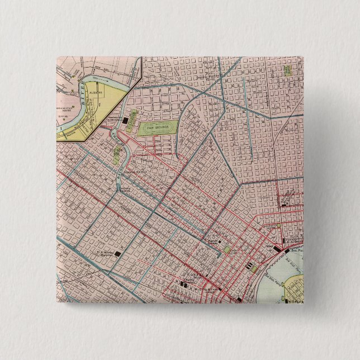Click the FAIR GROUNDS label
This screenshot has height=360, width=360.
click(158, 128)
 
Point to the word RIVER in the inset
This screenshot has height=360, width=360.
click(83, 90)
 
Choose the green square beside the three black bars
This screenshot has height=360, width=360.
click(255, 268)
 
